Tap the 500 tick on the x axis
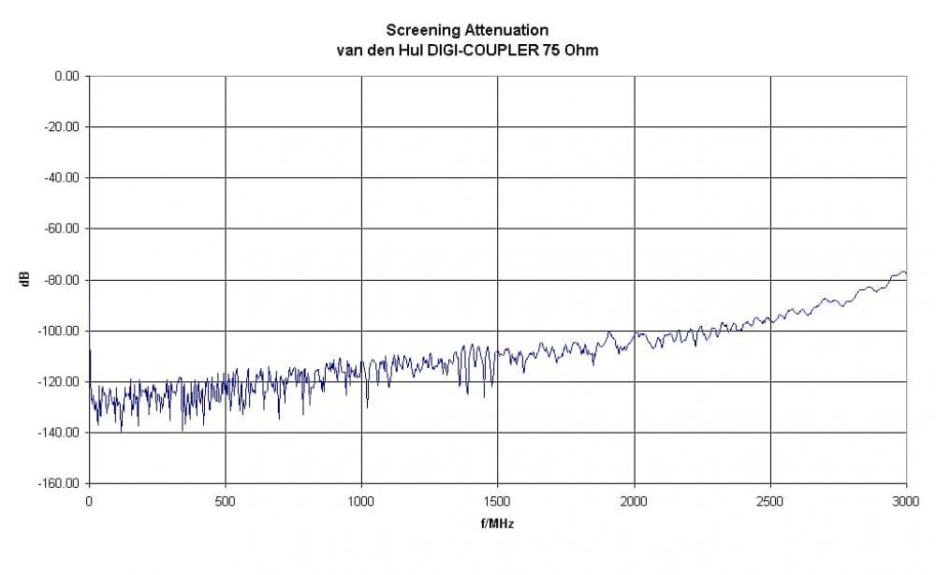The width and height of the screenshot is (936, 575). pos(226,501)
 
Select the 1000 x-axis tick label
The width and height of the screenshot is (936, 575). pos(361,501)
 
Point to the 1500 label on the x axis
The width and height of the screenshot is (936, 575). pos(498,501)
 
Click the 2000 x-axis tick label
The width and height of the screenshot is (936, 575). pos(634,501)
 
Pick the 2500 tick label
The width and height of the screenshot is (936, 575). pos(770,501)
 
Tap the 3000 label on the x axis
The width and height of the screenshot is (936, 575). pos(906,501)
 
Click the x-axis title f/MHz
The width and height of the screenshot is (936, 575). pos(497,523)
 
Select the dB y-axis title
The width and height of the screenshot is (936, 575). pos(25,279)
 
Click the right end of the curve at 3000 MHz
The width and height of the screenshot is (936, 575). pos(905,273)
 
